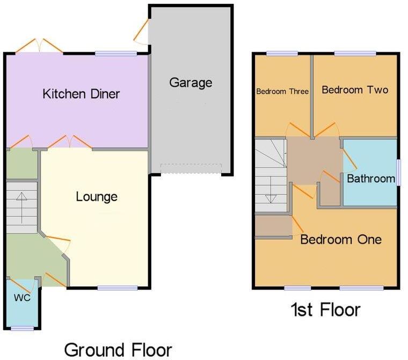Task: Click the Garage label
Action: coord(191,83)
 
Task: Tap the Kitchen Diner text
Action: coord(81,94)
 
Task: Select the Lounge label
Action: coord(97,197)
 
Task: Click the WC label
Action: coord(22,298)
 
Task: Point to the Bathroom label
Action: coord(371,179)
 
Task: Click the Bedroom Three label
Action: coord(282,91)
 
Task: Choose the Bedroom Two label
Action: coord(355,90)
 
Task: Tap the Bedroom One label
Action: coord(341,239)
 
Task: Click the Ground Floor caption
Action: coord(118,350)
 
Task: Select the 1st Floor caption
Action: coord(325,310)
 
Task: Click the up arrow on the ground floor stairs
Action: coord(21,208)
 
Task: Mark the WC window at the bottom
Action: coord(23,328)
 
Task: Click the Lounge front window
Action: coord(118,288)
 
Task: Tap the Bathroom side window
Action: coord(398,172)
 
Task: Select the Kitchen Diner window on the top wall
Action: coord(116,54)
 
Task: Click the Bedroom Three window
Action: coord(282,54)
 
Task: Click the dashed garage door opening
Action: coord(191,168)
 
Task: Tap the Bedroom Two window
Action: coord(355,54)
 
